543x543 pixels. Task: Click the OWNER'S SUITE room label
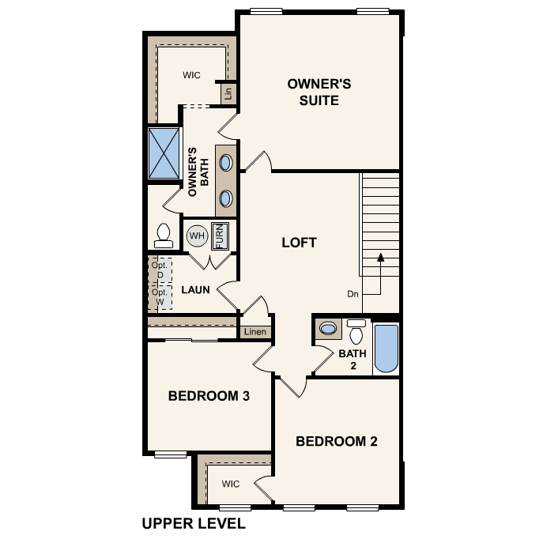pyautogui.click(x=319, y=92)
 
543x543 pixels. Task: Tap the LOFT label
pyautogui.click(x=300, y=243)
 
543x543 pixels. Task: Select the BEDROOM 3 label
pyautogui.click(x=209, y=396)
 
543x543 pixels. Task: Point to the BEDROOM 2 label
pyautogui.click(x=337, y=441)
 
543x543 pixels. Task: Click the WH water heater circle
pyautogui.click(x=197, y=236)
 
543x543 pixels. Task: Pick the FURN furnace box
pyautogui.click(x=220, y=236)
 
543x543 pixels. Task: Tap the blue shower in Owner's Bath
pyautogui.click(x=164, y=153)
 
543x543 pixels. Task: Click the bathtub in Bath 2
pyautogui.click(x=387, y=348)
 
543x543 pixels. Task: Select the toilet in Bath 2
pyautogui.click(x=356, y=331)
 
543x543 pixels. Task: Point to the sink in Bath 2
pyautogui.click(x=328, y=328)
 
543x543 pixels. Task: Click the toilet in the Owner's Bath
pyautogui.click(x=164, y=236)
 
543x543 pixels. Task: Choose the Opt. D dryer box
pyautogui.click(x=160, y=270)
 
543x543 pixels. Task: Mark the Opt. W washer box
pyautogui.click(x=160, y=297)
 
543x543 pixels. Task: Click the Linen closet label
pyautogui.click(x=255, y=332)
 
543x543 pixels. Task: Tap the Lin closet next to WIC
pyautogui.click(x=228, y=93)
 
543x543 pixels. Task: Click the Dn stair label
pyautogui.click(x=353, y=294)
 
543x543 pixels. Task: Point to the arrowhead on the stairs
pyautogui.click(x=381, y=257)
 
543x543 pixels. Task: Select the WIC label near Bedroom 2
pyautogui.click(x=231, y=484)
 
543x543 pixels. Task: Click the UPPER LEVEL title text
pyautogui.click(x=194, y=523)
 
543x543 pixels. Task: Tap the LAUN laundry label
pyautogui.click(x=196, y=290)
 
